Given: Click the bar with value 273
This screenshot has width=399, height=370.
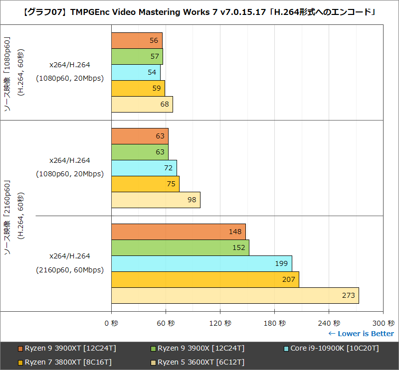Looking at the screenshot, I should click(235, 295).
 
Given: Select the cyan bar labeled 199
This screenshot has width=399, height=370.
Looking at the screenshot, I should click(201, 263).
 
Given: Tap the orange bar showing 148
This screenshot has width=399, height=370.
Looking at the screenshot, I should click(178, 232).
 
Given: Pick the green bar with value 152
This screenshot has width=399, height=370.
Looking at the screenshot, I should click(180, 247).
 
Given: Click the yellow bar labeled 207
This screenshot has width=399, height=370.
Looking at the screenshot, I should click(205, 279).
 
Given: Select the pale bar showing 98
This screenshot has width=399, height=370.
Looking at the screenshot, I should click(156, 200).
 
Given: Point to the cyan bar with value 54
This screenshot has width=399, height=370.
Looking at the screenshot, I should click(136, 72).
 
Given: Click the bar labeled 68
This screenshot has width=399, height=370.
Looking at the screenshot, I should click(142, 104).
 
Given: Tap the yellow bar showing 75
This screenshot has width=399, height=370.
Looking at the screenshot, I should click(145, 184).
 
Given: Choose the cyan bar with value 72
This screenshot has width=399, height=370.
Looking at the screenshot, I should click(144, 168).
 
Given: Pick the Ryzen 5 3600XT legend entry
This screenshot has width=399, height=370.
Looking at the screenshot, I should click(198, 362).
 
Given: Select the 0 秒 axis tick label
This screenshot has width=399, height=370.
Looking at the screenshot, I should click(111, 323).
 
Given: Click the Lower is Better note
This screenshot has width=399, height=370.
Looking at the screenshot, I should click(361, 334).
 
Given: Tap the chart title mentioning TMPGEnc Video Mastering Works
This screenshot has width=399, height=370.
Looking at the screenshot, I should click(199, 11).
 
